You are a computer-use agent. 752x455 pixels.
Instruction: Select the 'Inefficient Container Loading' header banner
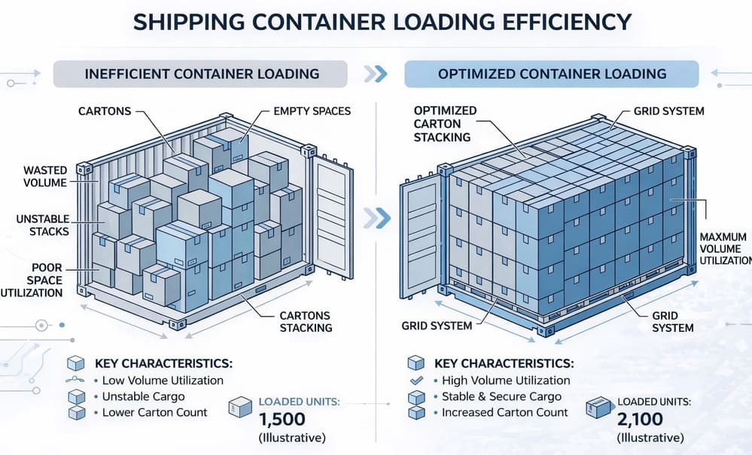(x=200, y=74)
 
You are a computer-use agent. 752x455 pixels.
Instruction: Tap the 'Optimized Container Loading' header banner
(x=551, y=74)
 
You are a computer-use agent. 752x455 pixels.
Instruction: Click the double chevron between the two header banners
(x=375, y=74)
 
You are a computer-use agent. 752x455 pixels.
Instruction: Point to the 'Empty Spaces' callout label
(x=312, y=111)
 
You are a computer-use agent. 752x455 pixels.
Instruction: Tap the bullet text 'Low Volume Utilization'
(x=163, y=381)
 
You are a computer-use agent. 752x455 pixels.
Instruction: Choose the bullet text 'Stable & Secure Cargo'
(x=501, y=396)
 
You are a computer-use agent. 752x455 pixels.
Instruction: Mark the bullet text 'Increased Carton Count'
(x=505, y=412)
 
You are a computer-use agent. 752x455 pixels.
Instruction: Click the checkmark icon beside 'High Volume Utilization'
(x=413, y=381)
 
